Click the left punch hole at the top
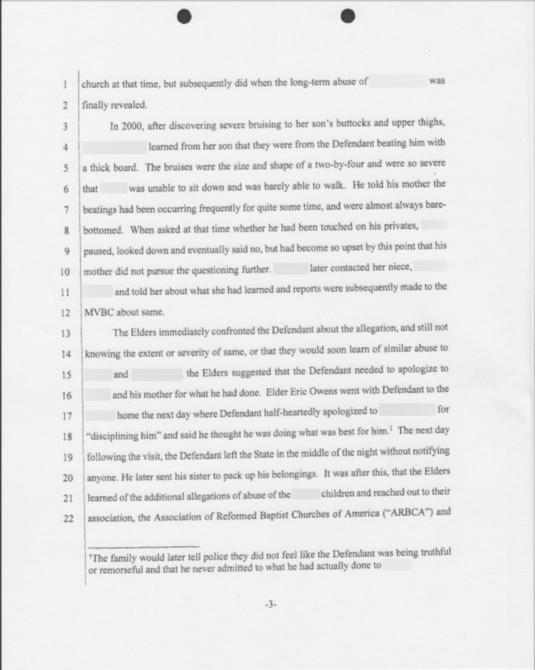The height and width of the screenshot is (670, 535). pos(185,16)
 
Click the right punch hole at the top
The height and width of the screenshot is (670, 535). pos(348,16)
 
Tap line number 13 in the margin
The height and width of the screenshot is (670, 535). pos(66,332)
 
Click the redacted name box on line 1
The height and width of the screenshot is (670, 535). pos(398,83)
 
